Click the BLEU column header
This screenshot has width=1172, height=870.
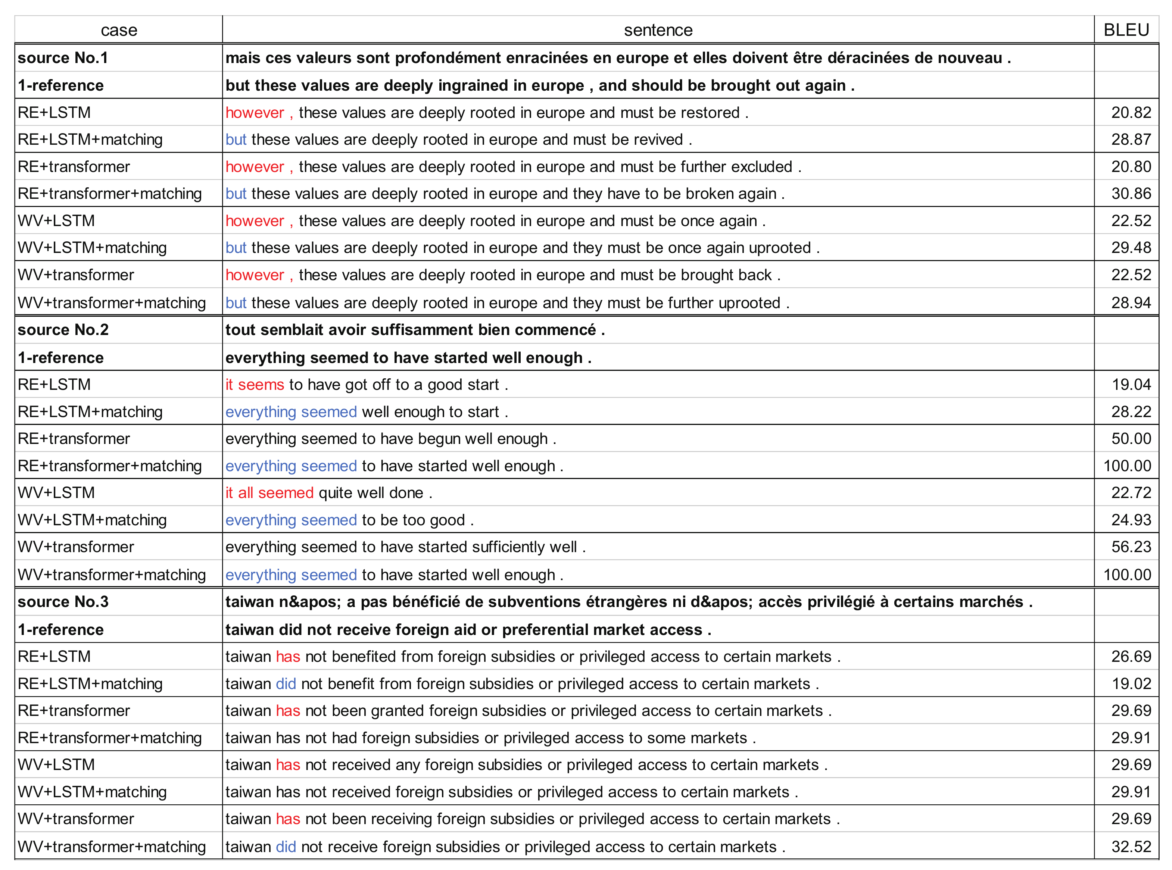1126,30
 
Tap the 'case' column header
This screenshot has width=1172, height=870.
119,30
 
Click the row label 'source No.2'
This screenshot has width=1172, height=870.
63,330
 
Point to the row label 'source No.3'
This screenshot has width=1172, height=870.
63,601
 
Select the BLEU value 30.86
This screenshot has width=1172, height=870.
1131,193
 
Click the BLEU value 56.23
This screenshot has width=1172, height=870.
1131,547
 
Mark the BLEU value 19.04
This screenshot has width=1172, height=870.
1131,384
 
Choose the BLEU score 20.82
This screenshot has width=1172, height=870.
1131,112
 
